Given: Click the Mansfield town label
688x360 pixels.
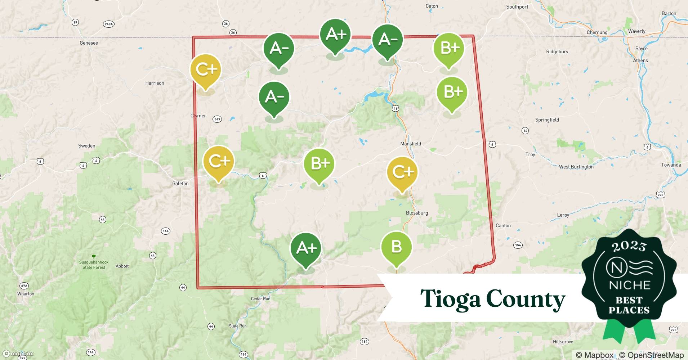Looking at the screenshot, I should [x=411, y=144].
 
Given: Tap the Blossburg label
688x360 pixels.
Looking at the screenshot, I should [x=417, y=213].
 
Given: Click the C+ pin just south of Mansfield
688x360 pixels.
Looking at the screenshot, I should [x=402, y=172].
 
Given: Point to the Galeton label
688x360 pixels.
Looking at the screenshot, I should [x=180, y=184].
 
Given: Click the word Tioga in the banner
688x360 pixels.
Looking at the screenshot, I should [x=450, y=299].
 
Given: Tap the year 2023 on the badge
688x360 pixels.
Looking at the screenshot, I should [x=629, y=246].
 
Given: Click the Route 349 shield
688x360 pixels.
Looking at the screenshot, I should [x=217, y=119].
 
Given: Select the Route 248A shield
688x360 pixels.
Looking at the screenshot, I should [x=108, y=24].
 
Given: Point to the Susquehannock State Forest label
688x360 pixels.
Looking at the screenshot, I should [x=94, y=265].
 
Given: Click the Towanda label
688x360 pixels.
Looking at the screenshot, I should [x=671, y=165].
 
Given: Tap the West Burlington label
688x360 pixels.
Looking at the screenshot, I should [x=576, y=167].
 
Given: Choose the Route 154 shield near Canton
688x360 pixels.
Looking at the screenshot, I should [x=518, y=245].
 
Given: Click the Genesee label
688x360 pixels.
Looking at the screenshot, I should [x=89, y=43].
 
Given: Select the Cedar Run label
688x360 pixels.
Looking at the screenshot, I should [x=260, y=299].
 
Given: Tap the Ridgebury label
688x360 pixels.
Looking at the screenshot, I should [x=557, y=51].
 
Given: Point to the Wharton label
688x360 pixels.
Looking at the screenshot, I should [x=26, y=294].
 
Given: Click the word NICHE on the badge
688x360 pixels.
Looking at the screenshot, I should [x=629, y=285].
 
